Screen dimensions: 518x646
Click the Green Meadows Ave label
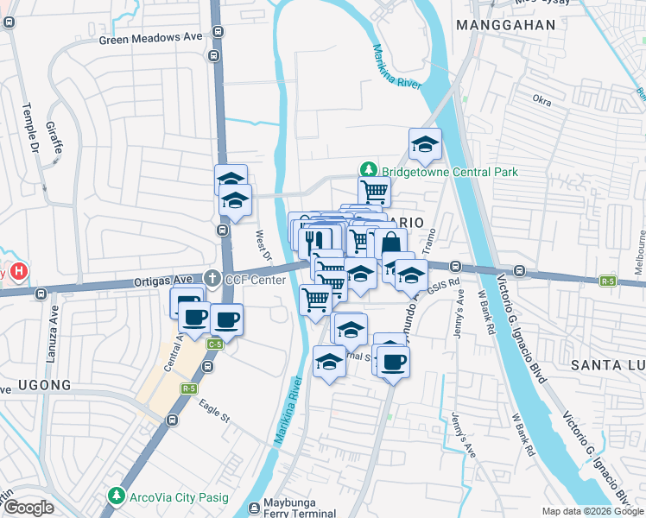pyautogui.click(x=150, y=38)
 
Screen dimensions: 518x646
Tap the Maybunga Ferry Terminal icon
pyautogui.click(x=255, y=509)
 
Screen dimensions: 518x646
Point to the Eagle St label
pyautogui.click(x=213, y=408)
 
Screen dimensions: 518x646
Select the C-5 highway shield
pyautogui.click(x=214, y=344)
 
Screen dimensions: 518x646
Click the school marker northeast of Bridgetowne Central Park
pyautogui.click(x=425, y=144)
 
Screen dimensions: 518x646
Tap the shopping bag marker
pyautogui.click(x=390, y=243)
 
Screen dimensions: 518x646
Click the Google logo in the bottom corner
pyautogui.click(x=28, y=509)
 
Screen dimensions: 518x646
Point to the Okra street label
pyautogui.click(x=542, y=100)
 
